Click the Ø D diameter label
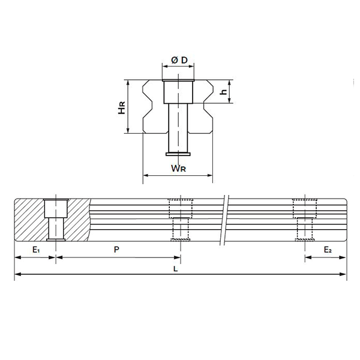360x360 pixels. tap(179, 60)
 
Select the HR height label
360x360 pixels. tap(122, 107)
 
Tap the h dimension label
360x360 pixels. tap(223, 92)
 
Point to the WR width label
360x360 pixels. tap(178, 168)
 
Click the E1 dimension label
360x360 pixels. tap(36, 250)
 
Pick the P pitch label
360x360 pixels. tap(116, 250)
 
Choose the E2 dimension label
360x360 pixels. tap(328, 250)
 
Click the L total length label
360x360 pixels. tap(175, 269)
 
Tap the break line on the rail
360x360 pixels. tap(224, 220)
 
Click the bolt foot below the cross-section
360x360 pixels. tap(178, 154)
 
